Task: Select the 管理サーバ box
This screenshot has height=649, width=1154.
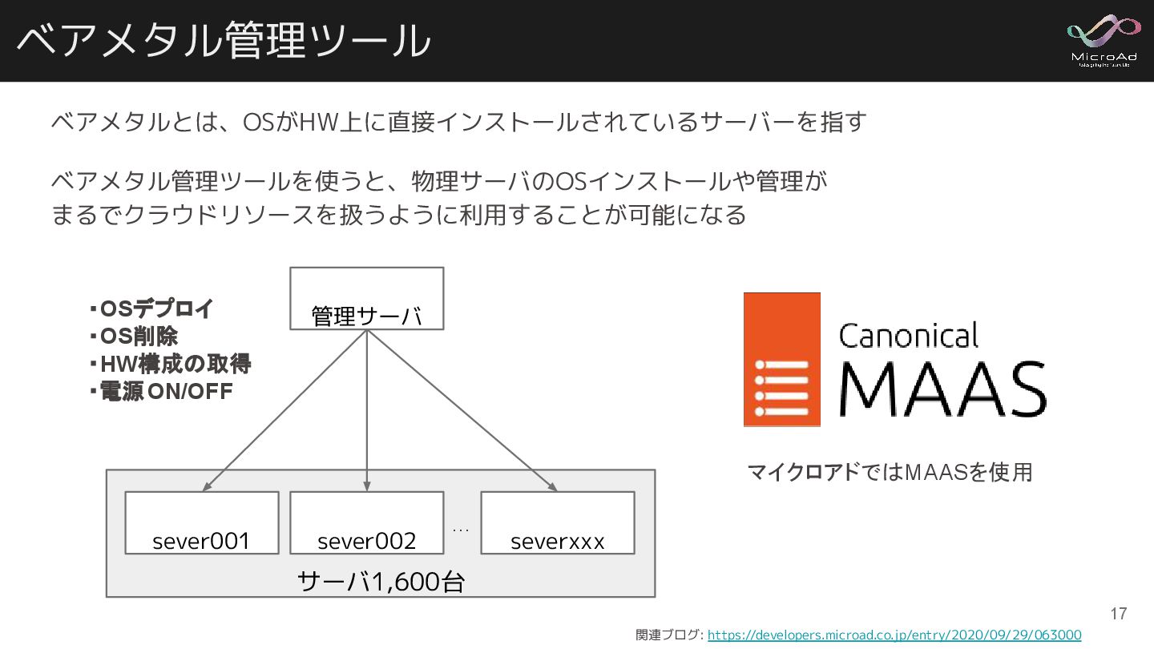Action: click(x=366, y=299)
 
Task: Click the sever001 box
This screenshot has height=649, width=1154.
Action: click(x=202, y=522)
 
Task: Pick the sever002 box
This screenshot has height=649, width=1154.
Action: click(x=366, y=522)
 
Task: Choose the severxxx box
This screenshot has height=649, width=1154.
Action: click(x=557, y=522)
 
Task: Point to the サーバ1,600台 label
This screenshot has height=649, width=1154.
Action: click(x=381, y=582)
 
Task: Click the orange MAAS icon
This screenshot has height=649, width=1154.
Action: click(x=781, y=359)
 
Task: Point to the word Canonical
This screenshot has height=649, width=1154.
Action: click(x=908, y=336)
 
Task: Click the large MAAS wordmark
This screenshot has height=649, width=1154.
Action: click(x=942, y=390)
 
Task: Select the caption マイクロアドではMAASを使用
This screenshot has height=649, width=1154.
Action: click(x=890, y=473)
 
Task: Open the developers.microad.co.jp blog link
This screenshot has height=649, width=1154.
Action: click(x=894, y=635)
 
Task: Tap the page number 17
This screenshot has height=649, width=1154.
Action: click(x=1118, y=615)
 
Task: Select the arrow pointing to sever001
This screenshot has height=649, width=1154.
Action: click(x=285, y=410)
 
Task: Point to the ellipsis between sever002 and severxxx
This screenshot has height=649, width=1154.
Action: click(x=461, y=530)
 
